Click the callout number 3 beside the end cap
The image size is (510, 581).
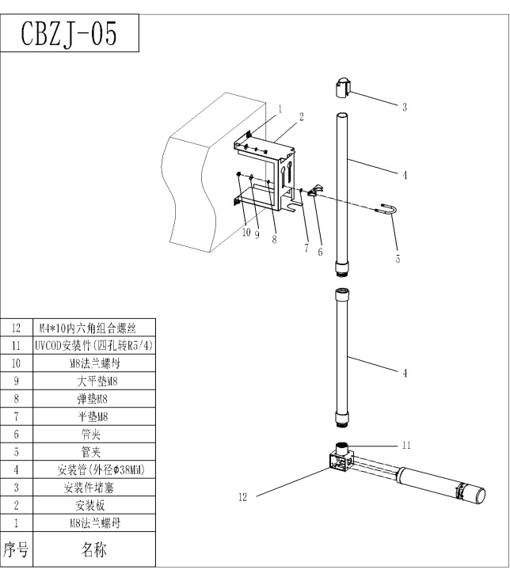[405, 107]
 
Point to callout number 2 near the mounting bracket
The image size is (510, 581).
[303, 116]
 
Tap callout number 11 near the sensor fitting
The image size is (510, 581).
[406, 446]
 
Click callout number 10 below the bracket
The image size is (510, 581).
[245, 234]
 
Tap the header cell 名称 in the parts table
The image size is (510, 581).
[94, 550]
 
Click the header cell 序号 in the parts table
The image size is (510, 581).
[17, 550]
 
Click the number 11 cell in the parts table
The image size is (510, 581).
[17, 345]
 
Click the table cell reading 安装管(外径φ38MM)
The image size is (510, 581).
[94, 469]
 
